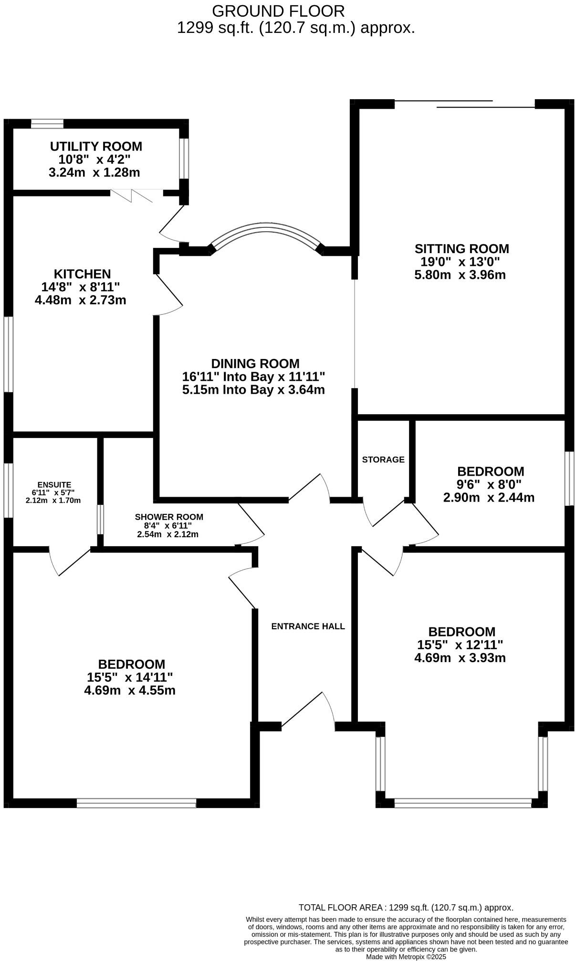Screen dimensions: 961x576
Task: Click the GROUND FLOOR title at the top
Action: [x=278, y=11]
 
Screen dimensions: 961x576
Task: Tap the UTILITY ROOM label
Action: [x=96, y=146]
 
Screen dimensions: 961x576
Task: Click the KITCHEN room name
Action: [x=82, y=274]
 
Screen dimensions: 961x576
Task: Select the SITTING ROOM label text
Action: [x=461, y=249]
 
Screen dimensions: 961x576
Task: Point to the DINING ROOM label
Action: [x=255, y=364]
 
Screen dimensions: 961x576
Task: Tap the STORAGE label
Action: [x=383, y=460]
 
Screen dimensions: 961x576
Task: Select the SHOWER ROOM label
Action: [x=169, y=517]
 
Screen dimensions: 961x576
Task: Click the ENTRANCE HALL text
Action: [x=308, y=626]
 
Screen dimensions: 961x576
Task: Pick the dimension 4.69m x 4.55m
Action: [x=130, y=690]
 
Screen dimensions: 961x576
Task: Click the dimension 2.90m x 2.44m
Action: [x=489, y=498]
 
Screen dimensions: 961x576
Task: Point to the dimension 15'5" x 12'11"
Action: [x=460, y=645]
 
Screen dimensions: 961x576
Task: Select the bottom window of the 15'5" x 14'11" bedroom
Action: [x=136, y=803]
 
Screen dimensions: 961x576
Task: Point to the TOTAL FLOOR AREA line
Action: [x=406, y=908]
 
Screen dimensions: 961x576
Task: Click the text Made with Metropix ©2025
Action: [x=406, y=956]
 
